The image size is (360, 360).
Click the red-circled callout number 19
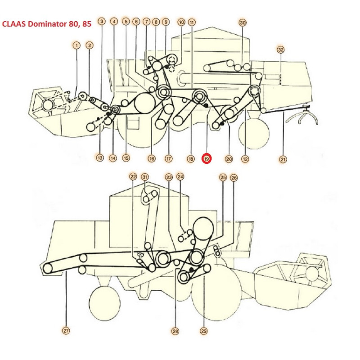coord(207,159)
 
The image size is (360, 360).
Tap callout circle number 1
coord(77,45)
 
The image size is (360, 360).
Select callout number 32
coord(281,49)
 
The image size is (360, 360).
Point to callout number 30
coord(243,22)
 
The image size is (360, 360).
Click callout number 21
coord(283,159)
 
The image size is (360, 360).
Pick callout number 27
coord(66,331)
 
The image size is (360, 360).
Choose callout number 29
coord(204,331)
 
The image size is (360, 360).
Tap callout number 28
coord(175,331)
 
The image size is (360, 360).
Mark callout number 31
coord(144,177)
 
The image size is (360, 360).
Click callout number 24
coord(180,177)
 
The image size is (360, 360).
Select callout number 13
coord(99,158)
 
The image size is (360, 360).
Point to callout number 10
coord(181,22)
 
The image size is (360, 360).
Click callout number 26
coord(234,177)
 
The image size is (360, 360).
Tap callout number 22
coord(133,177)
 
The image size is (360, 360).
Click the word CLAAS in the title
coord(14,24)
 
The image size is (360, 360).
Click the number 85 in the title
coord(86,24)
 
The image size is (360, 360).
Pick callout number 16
coord(152,158)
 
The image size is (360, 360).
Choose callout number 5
coord(126,22)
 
